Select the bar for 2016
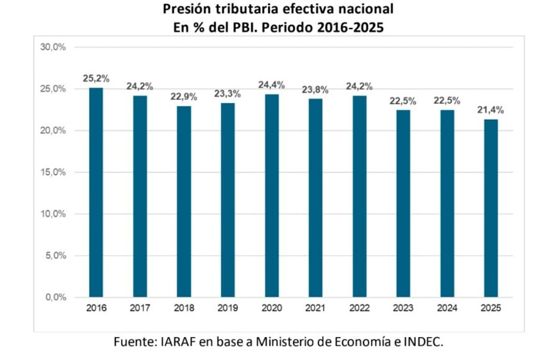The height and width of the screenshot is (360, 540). coord(96,192)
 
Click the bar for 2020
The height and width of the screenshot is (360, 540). coord(271,196)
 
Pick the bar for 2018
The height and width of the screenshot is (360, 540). coord(184,202)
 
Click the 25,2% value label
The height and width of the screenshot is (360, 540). coord(96,78)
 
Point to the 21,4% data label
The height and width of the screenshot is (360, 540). coord(490,110)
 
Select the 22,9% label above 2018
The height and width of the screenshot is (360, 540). coord(184,97)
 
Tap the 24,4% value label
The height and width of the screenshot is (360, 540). coord(271,84)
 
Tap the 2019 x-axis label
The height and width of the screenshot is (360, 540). coord(228,308)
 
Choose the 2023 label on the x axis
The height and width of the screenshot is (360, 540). coord(403,308)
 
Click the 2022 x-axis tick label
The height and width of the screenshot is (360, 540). coord(359,308)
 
